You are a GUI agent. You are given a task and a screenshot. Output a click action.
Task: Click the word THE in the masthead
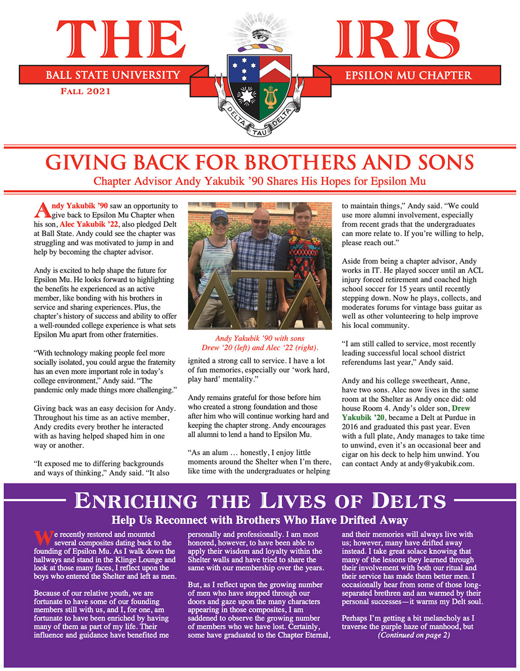tap(121, 41)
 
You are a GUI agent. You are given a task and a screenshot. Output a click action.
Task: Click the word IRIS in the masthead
tap(397, 41)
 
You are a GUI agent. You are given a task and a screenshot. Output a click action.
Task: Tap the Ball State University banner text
tap(113, 75)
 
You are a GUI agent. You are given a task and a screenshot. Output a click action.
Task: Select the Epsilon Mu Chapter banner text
tap(408, 75)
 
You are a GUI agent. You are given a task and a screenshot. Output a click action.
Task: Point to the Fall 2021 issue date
tap(85, 91)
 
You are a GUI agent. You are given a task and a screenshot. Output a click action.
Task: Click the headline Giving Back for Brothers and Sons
tap(259, 163)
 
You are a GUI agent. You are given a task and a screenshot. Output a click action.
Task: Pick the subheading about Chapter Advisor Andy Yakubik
tap(259, 181)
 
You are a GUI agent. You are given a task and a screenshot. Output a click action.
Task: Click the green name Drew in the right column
tap(461, 409)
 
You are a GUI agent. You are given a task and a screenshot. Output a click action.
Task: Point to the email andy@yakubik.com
tap(441, 464)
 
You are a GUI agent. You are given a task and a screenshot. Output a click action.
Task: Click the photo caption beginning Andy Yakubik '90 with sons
tap(259, 343)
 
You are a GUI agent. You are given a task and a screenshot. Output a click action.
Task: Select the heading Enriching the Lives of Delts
tap(260, 501)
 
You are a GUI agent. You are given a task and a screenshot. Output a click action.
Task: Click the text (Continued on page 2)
tap(413, 635)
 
